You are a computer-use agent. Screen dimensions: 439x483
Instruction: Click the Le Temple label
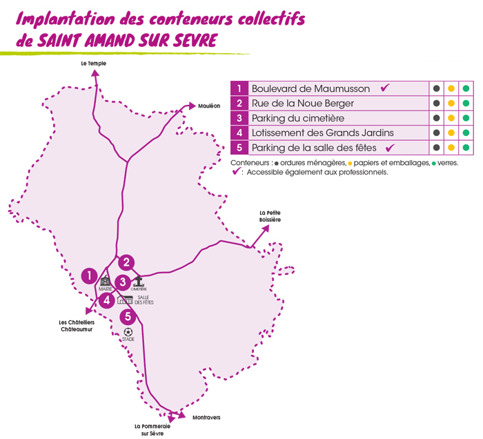[94, 64]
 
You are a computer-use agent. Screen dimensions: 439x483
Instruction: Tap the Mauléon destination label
[209, 106]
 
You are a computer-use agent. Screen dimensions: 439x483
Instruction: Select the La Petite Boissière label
[270, 215]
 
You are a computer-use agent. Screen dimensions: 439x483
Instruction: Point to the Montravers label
[207, 418]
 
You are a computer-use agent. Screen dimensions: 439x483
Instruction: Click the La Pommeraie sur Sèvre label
[152, 430]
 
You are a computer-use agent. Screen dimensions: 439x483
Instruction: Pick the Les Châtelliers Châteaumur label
[77, 326]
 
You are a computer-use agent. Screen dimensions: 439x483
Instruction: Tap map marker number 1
[89, 275]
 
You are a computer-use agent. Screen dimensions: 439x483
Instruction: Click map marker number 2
[126, 262]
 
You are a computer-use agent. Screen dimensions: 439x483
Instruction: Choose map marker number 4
[106, 300]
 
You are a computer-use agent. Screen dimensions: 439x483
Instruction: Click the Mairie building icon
[105, 281]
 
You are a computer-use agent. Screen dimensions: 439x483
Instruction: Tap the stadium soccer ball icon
[128, 332]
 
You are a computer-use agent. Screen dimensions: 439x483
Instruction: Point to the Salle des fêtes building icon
[125, 299]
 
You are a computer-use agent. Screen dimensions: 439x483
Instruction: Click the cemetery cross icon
[139, 281]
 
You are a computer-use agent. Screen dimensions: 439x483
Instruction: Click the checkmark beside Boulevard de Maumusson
[386, 88]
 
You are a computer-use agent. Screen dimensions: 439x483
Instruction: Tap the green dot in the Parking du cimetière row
[466, 118]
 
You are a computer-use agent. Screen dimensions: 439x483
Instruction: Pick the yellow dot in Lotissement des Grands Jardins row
[451, 133]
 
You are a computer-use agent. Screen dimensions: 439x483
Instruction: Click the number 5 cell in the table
[239, 148]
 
